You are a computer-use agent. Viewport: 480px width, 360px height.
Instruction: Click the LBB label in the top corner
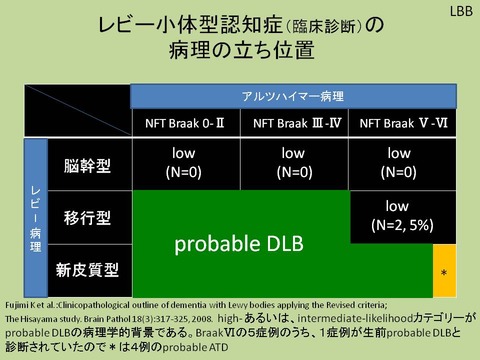(458, 11)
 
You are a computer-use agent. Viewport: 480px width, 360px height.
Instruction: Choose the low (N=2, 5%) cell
(402, 216)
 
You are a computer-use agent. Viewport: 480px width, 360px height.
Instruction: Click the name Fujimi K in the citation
(28, 304)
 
